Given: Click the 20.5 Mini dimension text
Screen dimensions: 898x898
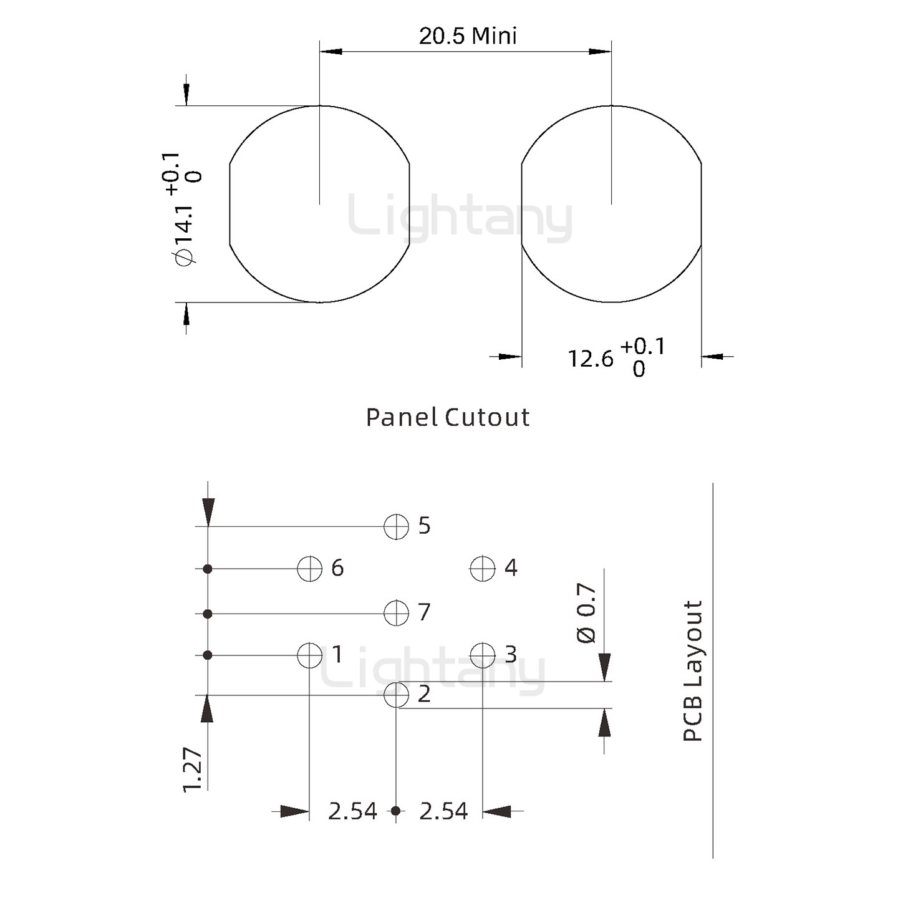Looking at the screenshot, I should pos(468,36).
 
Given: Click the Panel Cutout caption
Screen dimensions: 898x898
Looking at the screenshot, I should pos(448,417).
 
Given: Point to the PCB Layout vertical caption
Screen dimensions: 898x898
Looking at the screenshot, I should pos(693,670).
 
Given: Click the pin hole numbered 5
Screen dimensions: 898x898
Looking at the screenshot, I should pos(396,526).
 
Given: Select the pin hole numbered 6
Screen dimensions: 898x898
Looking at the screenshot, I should pos(309,568).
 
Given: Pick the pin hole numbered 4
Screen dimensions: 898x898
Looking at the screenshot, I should pos(482,568).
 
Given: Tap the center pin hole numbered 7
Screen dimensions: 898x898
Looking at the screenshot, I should pos(396,613).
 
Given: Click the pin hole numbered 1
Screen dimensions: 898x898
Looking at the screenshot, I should pos(309,655).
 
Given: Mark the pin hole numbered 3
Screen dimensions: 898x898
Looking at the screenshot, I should pos(482,655).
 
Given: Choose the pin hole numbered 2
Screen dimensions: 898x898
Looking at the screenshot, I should pos(396,695).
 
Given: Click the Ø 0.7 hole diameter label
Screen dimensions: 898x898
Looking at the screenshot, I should pos(586,612).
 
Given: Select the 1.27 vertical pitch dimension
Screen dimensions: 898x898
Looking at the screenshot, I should pos(193,770).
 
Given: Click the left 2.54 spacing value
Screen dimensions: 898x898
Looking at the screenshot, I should pos(352,811).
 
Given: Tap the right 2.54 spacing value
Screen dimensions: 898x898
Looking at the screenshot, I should pos(443,811).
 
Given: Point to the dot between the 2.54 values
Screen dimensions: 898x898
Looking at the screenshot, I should pos(395,811).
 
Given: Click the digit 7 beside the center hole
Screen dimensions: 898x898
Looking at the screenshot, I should pos(424,612).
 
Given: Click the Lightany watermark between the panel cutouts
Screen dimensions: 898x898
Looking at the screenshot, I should pos(460,218).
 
